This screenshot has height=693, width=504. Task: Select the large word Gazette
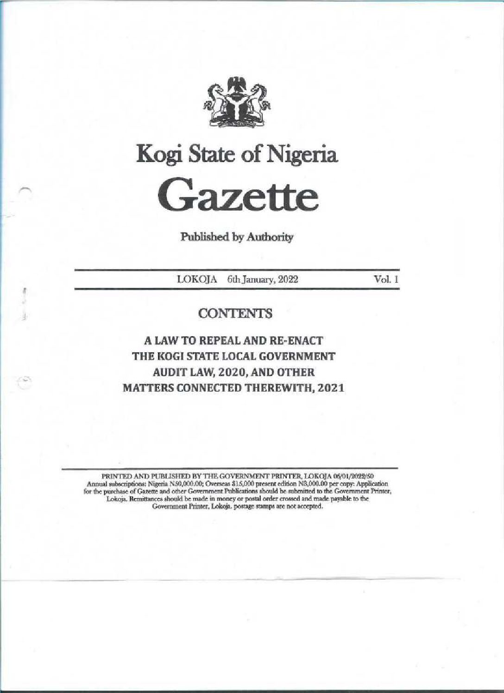[237, 196]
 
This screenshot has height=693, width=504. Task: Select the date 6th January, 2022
[256, 280]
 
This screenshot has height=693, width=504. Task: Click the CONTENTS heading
[235, 314]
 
